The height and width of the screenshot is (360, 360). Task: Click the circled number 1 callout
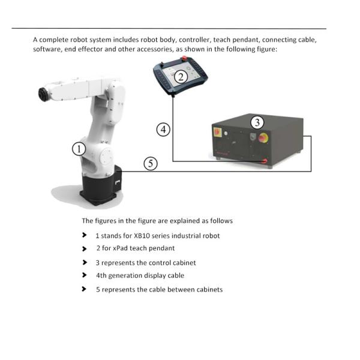pos(79,149)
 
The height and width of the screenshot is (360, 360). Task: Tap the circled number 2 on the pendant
pos(181,77)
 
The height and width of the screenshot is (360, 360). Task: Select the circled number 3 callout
pos(257,122)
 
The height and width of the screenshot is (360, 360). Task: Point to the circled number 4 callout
pos(163,130)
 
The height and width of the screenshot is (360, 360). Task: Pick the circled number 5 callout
pos(151,163)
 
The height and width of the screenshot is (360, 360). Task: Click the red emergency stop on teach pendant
pos(184,58)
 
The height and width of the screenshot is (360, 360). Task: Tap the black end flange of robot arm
pos(43,94)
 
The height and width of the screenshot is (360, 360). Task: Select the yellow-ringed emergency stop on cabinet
pos(263,138)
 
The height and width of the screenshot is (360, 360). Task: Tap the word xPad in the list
pos(121,248)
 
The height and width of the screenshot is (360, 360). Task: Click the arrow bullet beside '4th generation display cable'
pos(85,275)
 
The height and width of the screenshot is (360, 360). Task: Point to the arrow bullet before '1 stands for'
pos(85,235)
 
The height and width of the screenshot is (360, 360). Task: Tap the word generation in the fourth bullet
pos(127,276)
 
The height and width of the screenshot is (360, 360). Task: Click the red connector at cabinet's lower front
pos(265,160)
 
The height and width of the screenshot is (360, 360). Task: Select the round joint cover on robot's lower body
pos(106,156)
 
